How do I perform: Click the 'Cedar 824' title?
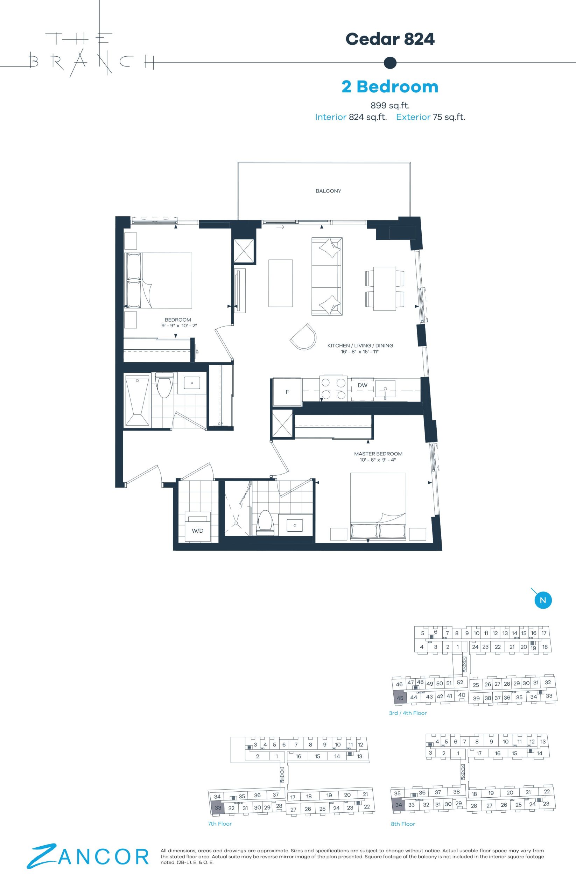pos(390,39)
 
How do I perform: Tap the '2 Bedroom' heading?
pos(390,86)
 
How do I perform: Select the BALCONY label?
pos(328,191)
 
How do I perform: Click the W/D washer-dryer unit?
pos(198,526)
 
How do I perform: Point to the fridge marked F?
pos(287,392)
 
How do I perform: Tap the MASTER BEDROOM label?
pos(378,454)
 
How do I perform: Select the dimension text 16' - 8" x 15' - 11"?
pos(360,352)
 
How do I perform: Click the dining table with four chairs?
pos(385,288)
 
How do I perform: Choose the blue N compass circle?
pos(543,601)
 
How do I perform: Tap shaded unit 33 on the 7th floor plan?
pos(217,807)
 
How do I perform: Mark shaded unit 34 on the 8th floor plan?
pos(398,805)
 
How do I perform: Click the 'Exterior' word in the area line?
pos(413,117)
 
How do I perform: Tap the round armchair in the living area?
pos(303,337)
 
